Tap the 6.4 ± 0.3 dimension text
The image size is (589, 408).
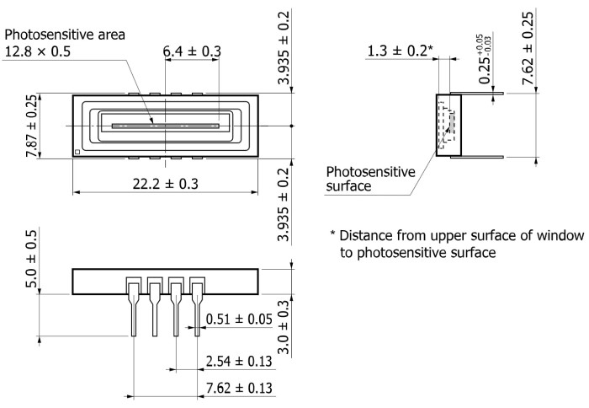click(192, 52)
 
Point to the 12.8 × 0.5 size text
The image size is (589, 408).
click(48, 51)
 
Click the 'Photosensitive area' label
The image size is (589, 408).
click(65, 35)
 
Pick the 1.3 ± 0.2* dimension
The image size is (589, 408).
click(400, 51)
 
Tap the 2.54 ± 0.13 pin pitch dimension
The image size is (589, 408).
click(241, 362)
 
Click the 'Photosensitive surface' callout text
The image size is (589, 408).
click(370, 179)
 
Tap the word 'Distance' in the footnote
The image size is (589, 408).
click(369, 234)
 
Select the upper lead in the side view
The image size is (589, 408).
click(480, 92)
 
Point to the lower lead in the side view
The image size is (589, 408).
click(480, 157)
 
